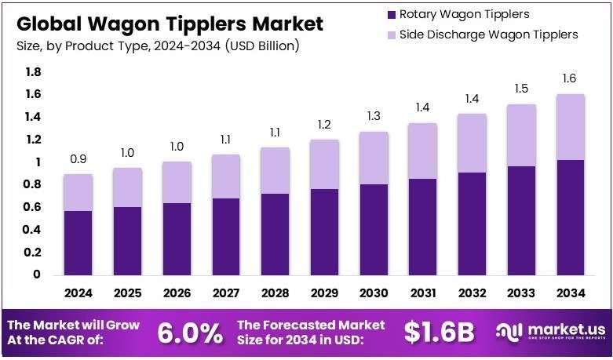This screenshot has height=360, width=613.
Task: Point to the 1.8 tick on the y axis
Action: pos(34,72)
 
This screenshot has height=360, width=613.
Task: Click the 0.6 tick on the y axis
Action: pos(34,207)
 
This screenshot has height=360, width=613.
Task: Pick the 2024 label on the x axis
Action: pos(78,293)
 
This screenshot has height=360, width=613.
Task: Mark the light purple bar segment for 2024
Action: pos(78,193)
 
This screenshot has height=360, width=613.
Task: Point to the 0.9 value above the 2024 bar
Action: pos(78,159)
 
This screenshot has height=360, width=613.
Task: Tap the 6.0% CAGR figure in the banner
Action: pos(190,333)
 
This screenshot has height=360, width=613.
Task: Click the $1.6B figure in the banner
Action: pos(439,333)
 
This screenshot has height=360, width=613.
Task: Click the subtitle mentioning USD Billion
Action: pos(157,46)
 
